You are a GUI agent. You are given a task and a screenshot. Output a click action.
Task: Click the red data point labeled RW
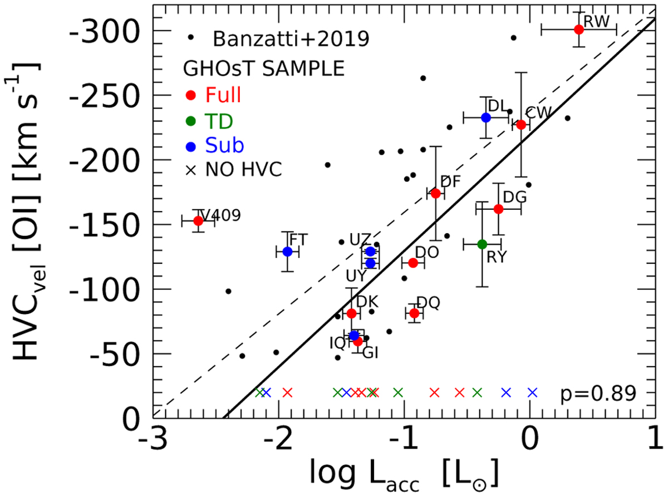[x=579, y=29]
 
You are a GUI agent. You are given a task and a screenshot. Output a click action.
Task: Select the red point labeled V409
[x=198, y=221]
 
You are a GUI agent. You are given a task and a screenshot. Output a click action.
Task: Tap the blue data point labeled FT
[x=288, y=252]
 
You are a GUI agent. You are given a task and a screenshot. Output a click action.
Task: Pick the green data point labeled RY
[x=483, y=244]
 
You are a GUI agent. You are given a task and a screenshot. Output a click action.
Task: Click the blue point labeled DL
[x=486, y=117]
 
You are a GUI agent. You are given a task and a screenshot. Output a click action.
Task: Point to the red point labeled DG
[x=499, y=209]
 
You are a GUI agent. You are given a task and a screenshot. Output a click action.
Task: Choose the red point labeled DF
[x=436, y=193]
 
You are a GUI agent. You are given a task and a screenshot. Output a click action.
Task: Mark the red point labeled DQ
[x=414, y=313]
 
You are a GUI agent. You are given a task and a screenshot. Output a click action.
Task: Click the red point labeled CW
[x=521, y=125]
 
